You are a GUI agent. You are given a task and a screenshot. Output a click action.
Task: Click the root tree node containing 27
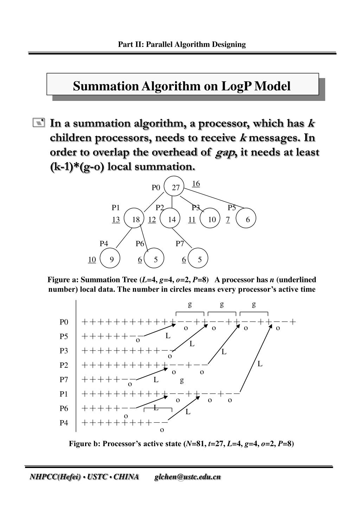click(x=174, y=187)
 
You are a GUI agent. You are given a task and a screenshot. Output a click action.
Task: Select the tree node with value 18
click(x=135, y=219)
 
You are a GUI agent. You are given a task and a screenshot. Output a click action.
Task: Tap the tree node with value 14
click(x=172, y=219)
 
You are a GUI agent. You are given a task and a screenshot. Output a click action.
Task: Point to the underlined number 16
click(x=196, y=184)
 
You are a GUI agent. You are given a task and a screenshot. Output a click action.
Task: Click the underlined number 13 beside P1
click(x=116, y=220)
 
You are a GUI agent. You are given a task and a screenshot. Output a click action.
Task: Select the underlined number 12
click(x=152, y=220)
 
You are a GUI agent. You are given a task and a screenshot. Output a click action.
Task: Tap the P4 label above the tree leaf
click(x=104, y=243)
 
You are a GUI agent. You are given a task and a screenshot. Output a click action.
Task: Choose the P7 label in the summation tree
click(x=180, y=243)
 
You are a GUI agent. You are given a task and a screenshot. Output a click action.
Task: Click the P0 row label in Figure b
click(x=64, y=322)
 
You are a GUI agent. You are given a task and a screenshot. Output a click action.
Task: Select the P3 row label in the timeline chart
click(x=64, y=351)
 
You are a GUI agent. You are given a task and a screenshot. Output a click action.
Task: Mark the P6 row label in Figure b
click(x=64, y=408)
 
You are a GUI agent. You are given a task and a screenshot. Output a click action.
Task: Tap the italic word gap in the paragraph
click(x=225, y=153)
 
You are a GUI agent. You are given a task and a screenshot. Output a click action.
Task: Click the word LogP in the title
click(x=236, y=86)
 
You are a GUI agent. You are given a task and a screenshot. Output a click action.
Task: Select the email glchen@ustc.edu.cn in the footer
click(x=187, y=477)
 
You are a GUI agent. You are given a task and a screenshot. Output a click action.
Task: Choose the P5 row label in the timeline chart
click(x=64, y=336)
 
